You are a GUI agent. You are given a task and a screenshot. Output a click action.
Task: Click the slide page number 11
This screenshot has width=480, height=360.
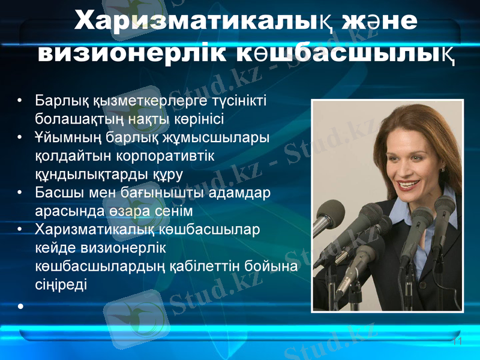457,341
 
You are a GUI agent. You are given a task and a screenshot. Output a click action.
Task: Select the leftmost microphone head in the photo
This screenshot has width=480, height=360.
330,215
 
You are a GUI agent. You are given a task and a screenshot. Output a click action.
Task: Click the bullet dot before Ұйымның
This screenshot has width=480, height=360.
21,138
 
